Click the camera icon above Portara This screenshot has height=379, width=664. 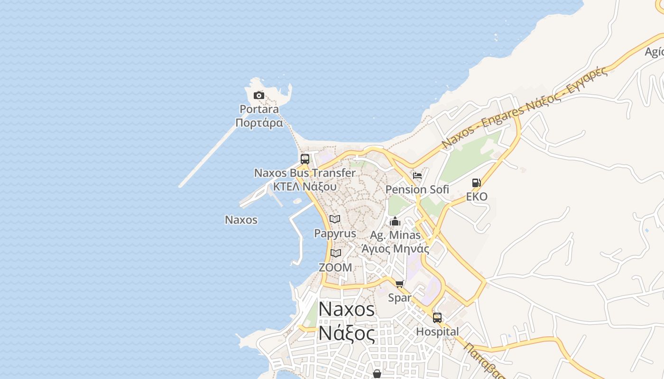(x=258, y=96)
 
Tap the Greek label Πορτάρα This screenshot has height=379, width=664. (x=259, y=123)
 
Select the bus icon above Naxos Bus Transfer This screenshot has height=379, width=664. (x=305, y=159)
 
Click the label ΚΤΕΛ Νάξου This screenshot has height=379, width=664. (x=304, y=186)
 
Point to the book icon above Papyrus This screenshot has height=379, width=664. (x=335, y=219)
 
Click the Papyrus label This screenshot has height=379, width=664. (x=335, y=234)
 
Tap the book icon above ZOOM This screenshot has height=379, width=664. (x=336, y=253)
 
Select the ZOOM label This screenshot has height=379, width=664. (x=335, y=268)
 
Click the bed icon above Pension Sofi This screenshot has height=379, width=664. (x=417, y=175)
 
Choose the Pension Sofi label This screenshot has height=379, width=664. (x=417, y=189)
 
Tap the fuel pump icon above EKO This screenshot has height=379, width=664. (x=477, y=183)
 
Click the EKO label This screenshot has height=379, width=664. (x=477, y=197)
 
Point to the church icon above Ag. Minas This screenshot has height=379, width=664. (x=395, y=221)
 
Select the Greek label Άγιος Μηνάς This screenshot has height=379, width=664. (x=395, y=249)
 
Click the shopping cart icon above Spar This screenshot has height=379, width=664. (x=399, y=284)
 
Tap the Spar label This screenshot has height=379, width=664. (x=399, y=298)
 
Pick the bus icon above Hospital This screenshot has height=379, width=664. (x=437, y=317)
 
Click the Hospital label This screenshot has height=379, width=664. (x=437, y=332)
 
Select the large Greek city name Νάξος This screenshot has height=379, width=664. (x=346, y=333)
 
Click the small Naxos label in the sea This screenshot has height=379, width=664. (x=241, y=220)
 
